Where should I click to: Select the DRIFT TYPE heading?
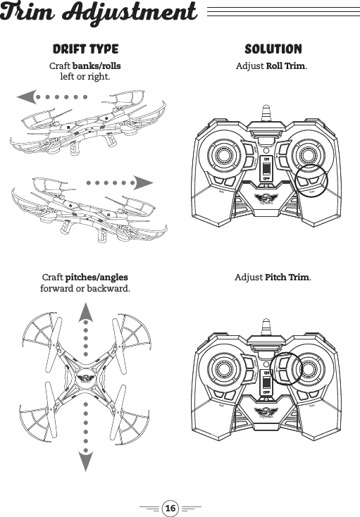pyautogui.click(x=85, y=49)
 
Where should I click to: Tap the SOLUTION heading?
pyautogui.click(x=273, y=49)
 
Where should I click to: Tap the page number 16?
pyautogui.click(x=170, y=506)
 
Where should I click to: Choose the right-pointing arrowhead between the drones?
pyautogui.click(x=144, y=182)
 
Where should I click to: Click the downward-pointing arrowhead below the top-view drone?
pyautogui.click(x=85, y=461)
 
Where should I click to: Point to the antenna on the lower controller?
pyautogui.click(x=266, y=325)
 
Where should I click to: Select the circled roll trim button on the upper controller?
pyautogui.click(x=311, y=181)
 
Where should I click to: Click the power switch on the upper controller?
pyautogui.click(x=266, y=169)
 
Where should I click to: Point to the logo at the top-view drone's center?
pyautogui.click(x=85, y=375)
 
